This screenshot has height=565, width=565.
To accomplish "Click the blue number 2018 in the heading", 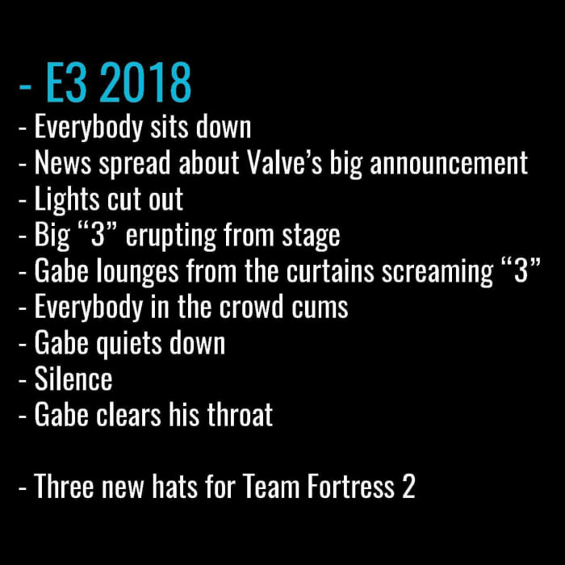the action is pyautogui.click(x=145, y=82).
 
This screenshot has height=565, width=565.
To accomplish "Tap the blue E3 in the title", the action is pyautogui.click(x=67, y=82).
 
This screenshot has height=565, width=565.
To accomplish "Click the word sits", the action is pyautogui.click(x=169, y=126).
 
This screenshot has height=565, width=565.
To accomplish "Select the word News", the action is pyautogui.click(x=63, y=163).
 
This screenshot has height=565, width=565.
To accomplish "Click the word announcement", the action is pyautogui.click(x=449, y=163).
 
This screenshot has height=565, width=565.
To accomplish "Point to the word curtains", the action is pyautogui.click(x=330, y=270).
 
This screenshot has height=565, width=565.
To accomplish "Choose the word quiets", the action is pyautogui.click(x=129, y=344).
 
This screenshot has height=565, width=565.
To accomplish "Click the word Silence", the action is pyautogui.click(x=73, y=379).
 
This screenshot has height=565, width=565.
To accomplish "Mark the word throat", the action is pyautogui.click(x=240, y=414).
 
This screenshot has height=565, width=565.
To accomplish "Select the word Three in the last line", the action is pyautogui.click(x=64, y=486).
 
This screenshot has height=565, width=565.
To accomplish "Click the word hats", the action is pyautogui.click(x=174, y=486).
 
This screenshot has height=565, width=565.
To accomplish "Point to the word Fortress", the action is pyautogui.click(x=350, y=486).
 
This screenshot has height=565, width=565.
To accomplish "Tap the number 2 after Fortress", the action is pyautogui.click(x=408, y=486).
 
